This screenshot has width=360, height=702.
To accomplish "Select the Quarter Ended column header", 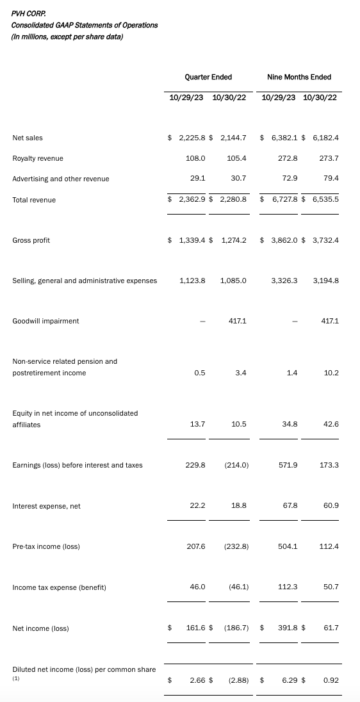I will click(208, 77).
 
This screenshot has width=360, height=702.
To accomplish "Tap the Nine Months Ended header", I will click(299, 77).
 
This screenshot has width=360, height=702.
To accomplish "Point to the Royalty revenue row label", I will click(38, 158).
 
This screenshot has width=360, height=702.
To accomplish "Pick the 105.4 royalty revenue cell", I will click(236, 158).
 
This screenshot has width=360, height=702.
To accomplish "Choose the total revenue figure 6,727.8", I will click(282, 200).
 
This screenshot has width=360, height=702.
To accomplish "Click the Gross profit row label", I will click(31, 240).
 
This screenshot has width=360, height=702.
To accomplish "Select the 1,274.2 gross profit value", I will click(233, 240).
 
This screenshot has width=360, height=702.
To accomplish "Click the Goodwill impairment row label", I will click(45, 321).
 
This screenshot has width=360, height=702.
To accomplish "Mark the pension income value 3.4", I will click(241, 373).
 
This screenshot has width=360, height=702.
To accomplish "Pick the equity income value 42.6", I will click(331, 425).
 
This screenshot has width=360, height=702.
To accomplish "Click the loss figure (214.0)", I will click(236, 465).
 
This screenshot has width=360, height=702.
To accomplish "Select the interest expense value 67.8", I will click(290, 506).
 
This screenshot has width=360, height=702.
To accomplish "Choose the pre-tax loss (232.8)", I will click(236, 546).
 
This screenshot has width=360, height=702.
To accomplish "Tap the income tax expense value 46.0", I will click(197, 587).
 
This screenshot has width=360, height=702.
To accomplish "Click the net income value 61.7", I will click(331, 628).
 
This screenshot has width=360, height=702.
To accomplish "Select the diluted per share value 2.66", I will click(197, 680).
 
